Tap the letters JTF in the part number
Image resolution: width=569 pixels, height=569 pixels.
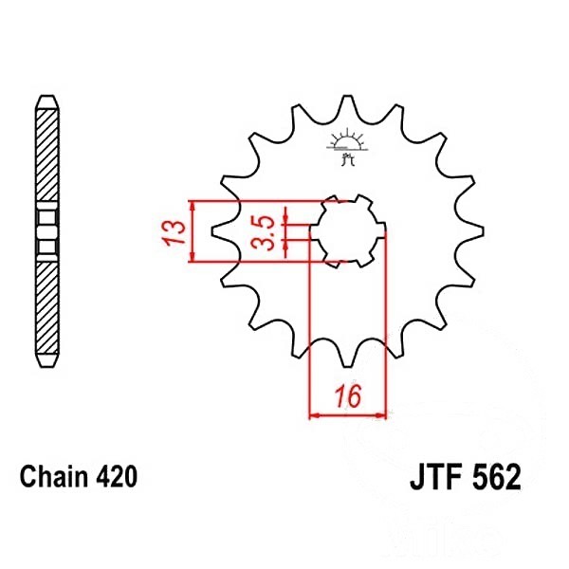435,477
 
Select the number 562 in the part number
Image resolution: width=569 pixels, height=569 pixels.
495,477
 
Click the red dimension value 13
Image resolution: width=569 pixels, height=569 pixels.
174,231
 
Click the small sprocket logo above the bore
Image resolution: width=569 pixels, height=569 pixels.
346,146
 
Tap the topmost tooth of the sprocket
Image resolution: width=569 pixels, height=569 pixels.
348,103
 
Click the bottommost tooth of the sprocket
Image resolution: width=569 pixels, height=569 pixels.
347,359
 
